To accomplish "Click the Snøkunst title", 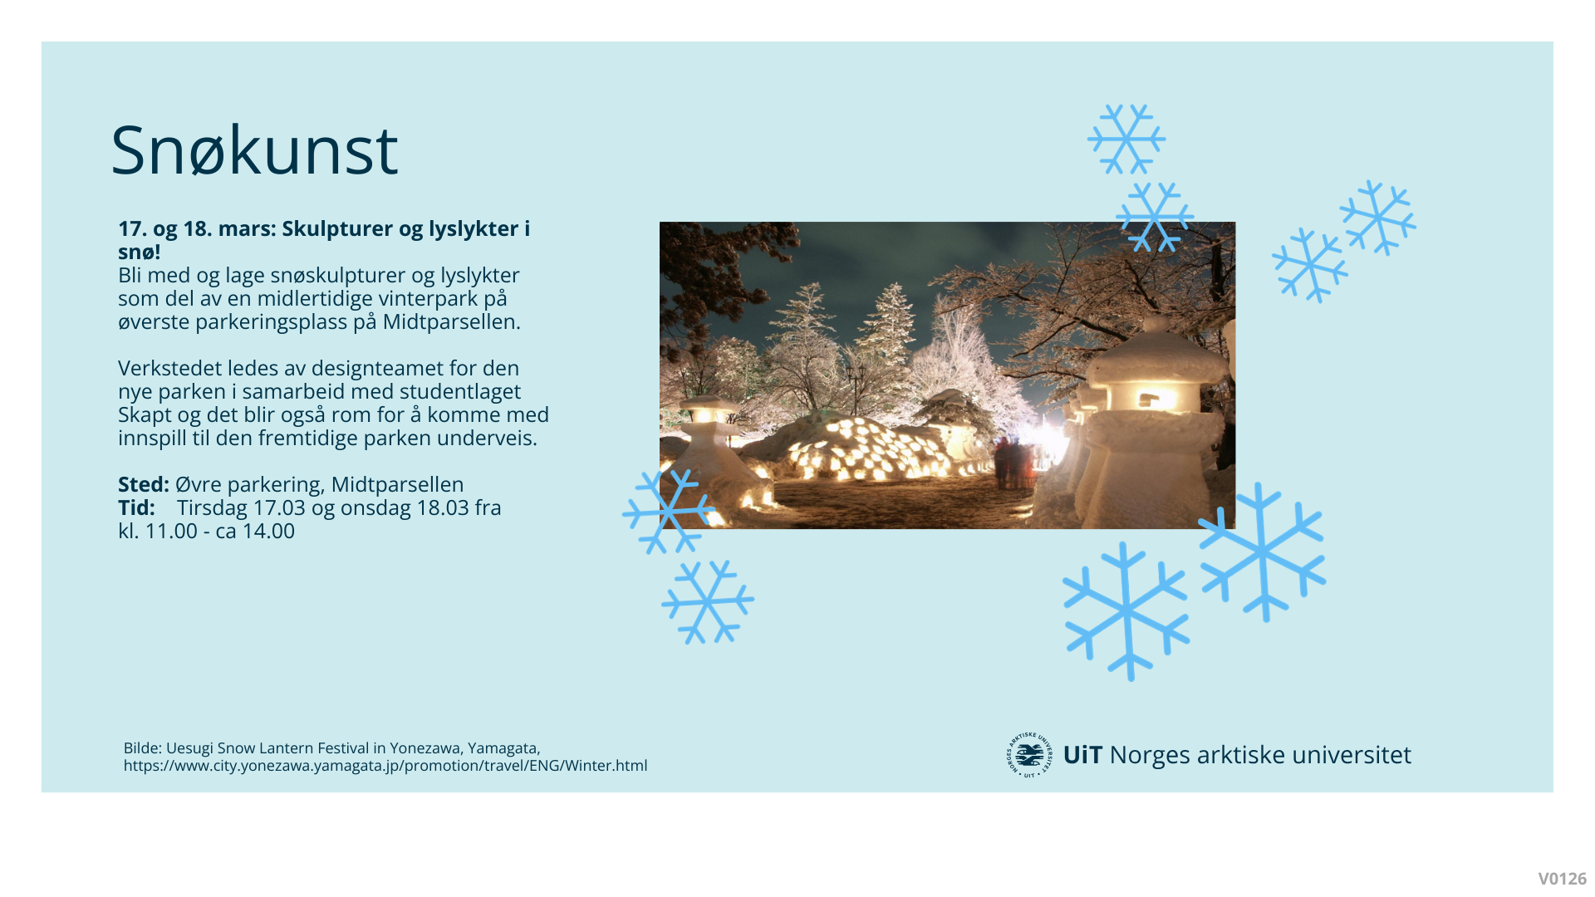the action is [254, 150].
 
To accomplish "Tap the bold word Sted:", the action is [144, 484].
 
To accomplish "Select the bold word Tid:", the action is [136, 507].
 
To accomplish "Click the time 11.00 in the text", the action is [171, 531].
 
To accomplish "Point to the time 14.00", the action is [268, 531].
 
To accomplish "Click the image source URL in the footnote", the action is [385, 766].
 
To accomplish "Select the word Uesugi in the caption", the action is [189, 748].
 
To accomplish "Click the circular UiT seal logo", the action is [1029, 755].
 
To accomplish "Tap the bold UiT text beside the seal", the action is [1082, 755].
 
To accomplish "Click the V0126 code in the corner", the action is [1562, 879].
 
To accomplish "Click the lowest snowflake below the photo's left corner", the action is [708, 601].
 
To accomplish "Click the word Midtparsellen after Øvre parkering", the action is [397, 484].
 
